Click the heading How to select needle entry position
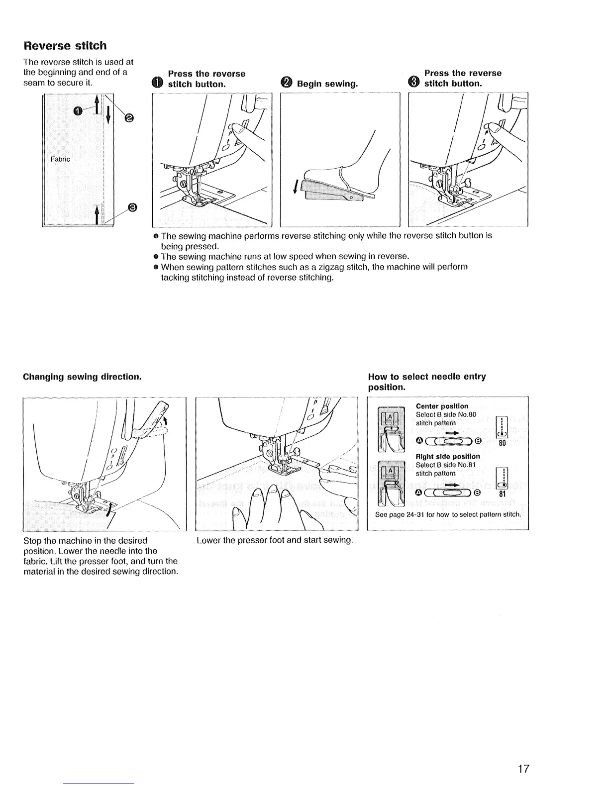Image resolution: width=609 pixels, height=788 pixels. click(426, 381)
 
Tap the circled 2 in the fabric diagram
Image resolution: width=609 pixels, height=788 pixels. click(129, 117)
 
